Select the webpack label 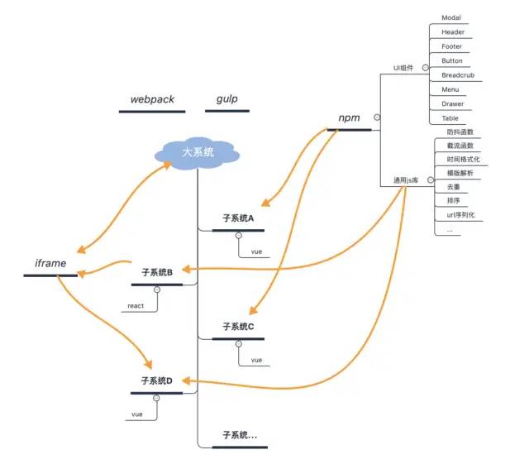point(152,99)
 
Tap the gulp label point(227,99)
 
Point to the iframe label point(50,264)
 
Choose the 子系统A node point(238,218)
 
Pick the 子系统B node point(157,271)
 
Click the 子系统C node point(238,326)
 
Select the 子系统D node point(157,380)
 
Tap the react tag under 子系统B point(136,306)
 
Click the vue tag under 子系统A point(256,251)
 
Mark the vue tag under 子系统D point(137,414)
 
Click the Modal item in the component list point(451,17)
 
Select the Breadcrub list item point(458,75)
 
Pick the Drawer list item point(452,104)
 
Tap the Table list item point(450,118)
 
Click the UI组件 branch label point(403,68)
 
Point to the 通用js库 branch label point(407,179)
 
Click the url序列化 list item point(460,215)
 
